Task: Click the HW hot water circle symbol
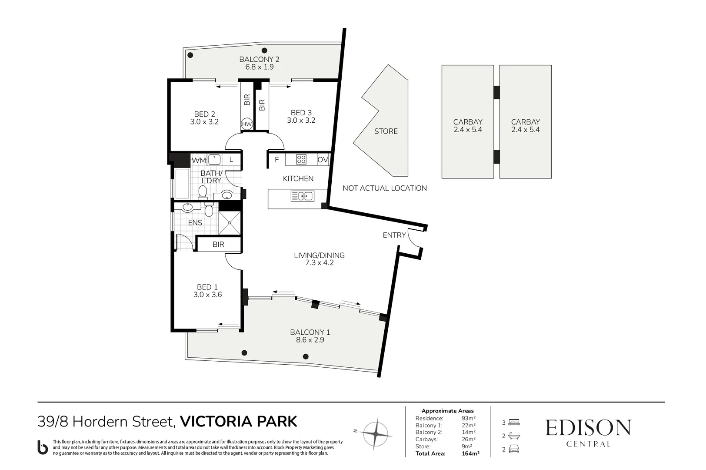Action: coord(246,124)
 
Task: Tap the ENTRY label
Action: coord(394,235)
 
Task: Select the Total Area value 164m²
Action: coord(470,453)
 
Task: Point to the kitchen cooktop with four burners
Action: coord(301,160)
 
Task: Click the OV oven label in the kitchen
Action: coord(323,160)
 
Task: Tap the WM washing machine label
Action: coord(199,160)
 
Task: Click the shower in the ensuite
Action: coord(229,222)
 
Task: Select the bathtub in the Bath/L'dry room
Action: coord(182,183)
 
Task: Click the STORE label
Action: coord(386,131)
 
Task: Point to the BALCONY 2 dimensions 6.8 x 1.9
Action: coord(259,67)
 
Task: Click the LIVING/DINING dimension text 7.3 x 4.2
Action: coord(319,263)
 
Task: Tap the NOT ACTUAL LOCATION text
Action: coord(384,188)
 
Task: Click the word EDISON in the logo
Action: coord(588,428)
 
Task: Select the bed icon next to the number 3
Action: coord(514,422)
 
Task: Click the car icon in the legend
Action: coord(514,449)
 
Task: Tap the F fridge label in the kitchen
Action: coord(276,160)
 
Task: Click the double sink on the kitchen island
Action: coord(302,196)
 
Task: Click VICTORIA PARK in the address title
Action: coord(238,422)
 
